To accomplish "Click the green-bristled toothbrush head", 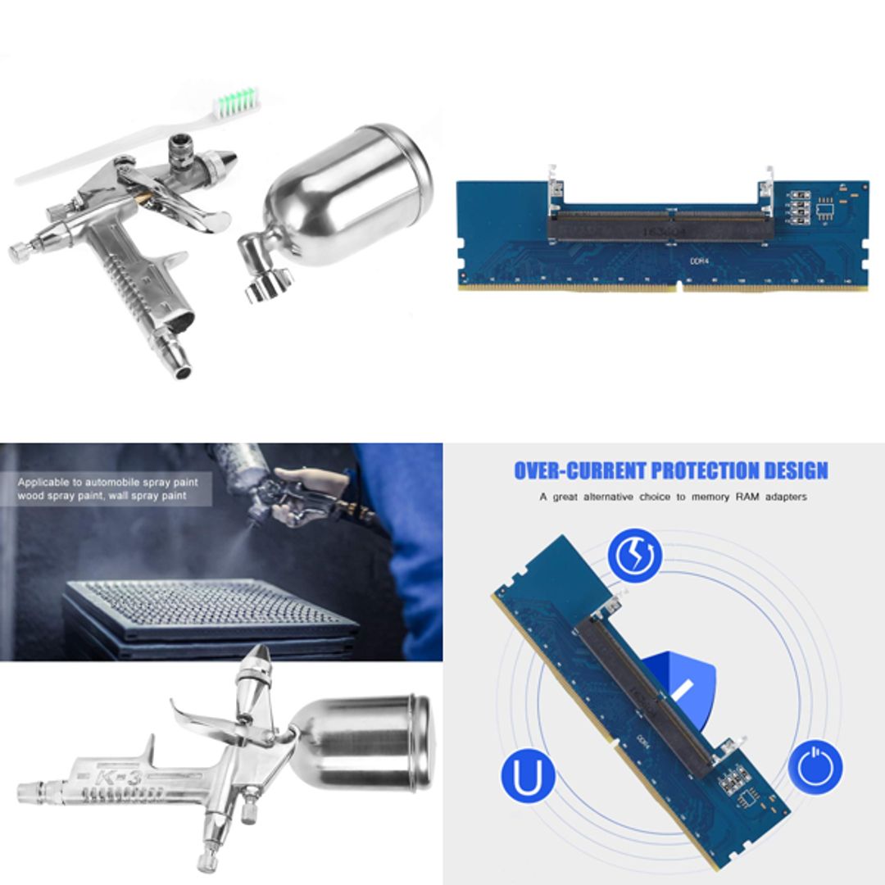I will click(x=236, y=102).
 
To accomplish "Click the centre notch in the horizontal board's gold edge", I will click(x=678, y=287).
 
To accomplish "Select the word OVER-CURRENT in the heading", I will click(x=580, y=471).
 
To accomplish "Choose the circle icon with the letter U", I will click(x=528, y=774).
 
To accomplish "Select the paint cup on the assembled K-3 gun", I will click(x=365, y=742).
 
